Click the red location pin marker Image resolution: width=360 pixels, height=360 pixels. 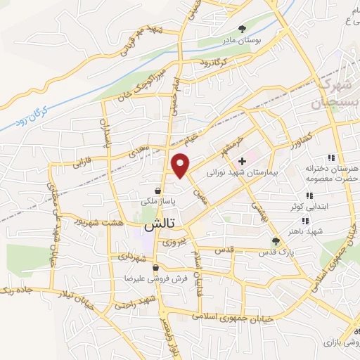click(181, 166)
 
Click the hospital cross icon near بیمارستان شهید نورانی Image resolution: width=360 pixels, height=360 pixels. click(243, 161)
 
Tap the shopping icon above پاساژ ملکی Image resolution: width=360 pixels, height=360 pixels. click(159, 191)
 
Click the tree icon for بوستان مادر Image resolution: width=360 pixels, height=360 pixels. click(243, 30)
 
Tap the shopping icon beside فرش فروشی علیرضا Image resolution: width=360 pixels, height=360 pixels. click(165, 268)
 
